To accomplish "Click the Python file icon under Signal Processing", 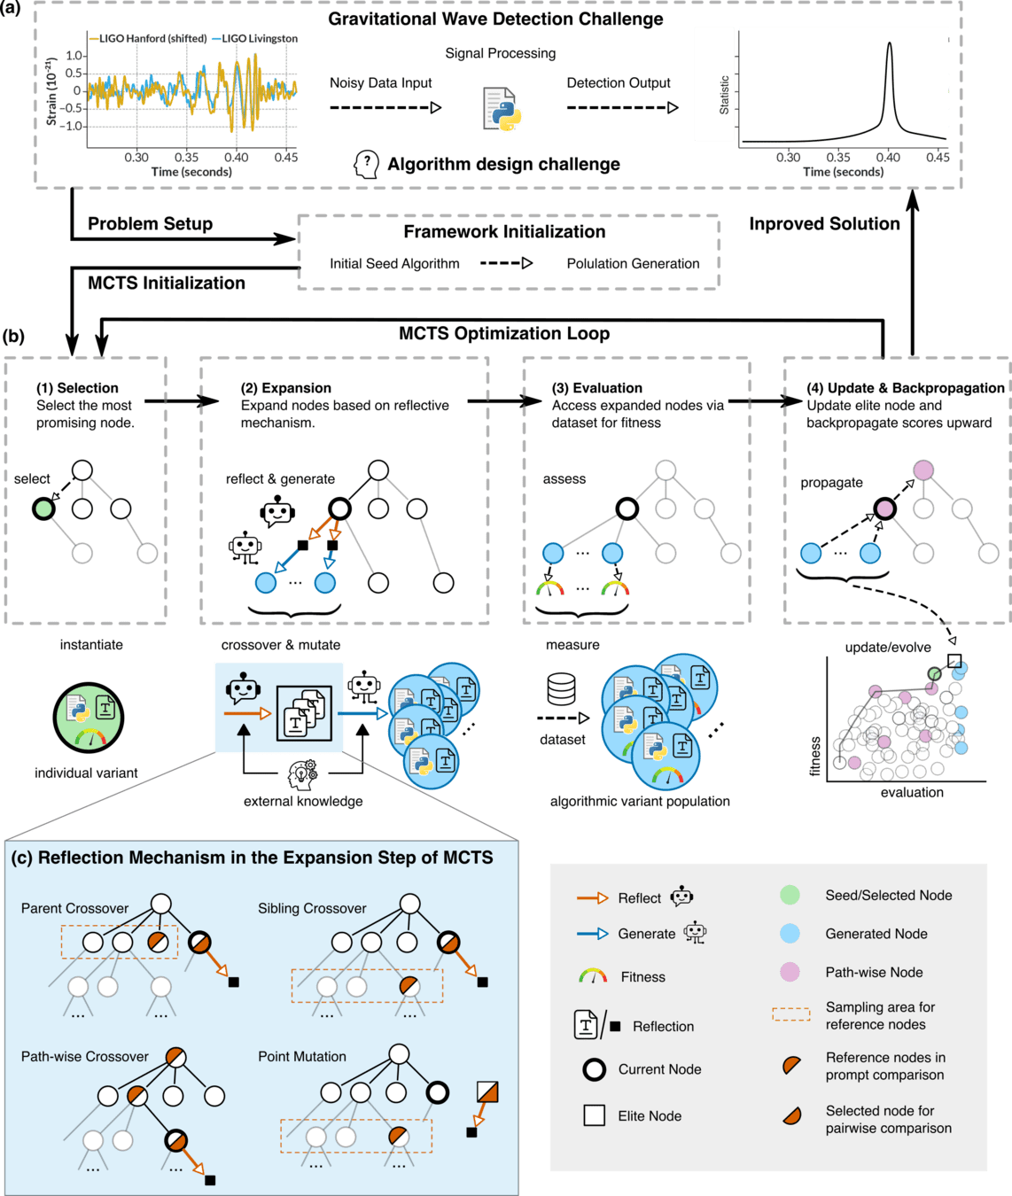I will point(503,110).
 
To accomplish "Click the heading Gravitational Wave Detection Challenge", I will point(495,19).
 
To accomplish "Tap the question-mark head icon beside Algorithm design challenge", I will point(366,164).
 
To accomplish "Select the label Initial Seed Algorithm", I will point(394,263).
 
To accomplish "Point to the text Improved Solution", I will point(824,224).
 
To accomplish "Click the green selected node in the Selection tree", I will point(43,509).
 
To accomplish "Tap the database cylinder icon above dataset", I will point(561,688).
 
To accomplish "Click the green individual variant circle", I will point(89,717).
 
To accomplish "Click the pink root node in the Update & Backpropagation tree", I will point(922,470).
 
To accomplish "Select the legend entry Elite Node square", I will point(594,1115).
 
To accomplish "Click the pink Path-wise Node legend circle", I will point(790,972).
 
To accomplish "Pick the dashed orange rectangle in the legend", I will point(790,1014).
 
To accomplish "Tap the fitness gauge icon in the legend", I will point(592,976).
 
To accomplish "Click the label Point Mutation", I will point(302,1056).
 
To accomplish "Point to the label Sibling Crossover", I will point(312,908).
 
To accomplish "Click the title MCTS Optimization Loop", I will point(504,334).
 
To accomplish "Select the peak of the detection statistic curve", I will point(889,44).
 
